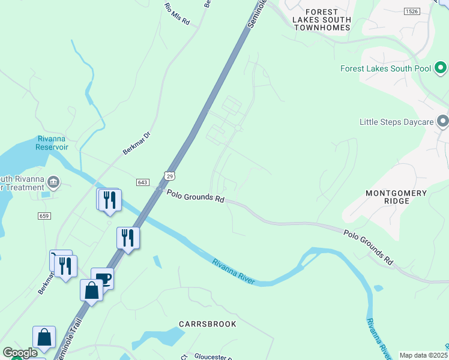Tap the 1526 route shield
pyautogui.click(x=411, y=11)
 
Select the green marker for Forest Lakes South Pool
pyautogui.click(x=440, y=68)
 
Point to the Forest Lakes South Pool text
pyautogui.click(x=385, y=68)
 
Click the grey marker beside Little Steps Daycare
pyautogui.click(x=443, y=122)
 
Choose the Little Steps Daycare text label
pyautogui.click(x=396, y=122)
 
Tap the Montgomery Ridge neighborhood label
pyautogui.click(x=397, y=197)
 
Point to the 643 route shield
pyautogui.click(x=143, y=182)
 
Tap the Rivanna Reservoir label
pyautogui.click(x=52, y=143)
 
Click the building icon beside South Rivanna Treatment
pyautogui.click(x=53, y=182)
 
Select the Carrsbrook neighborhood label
pyautogui.click(x=208, y=324)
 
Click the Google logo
pyautogui.click(x=20, y=353)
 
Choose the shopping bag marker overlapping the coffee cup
pyautogui.click(x=91, y=290)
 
